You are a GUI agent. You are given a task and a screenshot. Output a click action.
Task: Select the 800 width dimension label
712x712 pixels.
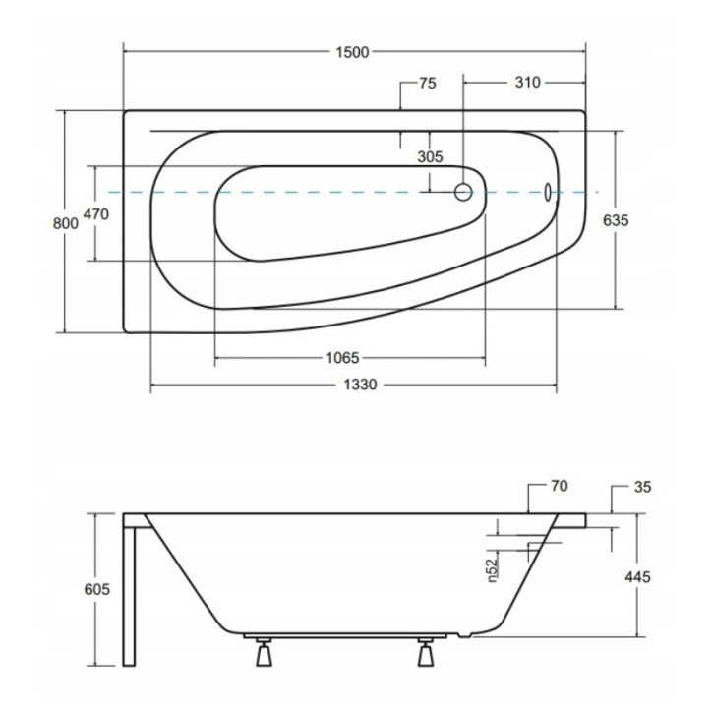64,222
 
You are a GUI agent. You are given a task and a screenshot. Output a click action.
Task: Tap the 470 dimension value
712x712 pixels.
95,213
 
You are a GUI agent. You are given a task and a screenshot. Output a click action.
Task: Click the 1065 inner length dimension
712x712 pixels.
343,357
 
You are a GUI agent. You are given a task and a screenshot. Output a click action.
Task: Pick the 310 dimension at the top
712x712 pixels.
527,83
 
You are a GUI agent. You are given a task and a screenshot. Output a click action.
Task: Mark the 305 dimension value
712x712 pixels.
430,156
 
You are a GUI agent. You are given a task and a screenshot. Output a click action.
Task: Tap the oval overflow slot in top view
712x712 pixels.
549,193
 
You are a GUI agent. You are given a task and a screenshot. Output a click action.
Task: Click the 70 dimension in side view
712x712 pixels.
560,486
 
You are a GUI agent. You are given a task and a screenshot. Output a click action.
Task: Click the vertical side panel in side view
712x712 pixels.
130,590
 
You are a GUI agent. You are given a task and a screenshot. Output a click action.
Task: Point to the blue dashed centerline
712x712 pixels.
295,193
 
